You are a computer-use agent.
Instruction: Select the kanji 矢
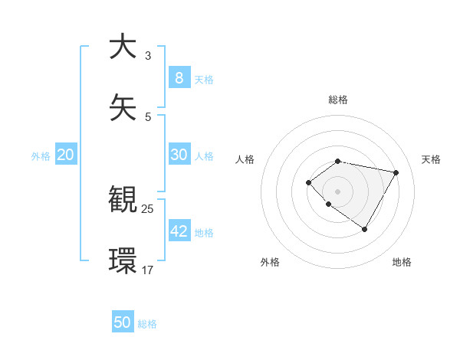(123, 106)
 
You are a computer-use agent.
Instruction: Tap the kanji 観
(123, 199)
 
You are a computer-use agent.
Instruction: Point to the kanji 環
(123, 260)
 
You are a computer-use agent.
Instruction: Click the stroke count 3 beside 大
(147, 55)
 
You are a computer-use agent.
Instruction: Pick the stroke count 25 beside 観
(148, 208)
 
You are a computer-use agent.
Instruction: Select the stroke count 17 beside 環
(148, 270)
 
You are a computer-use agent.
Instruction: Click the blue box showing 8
(179, 77)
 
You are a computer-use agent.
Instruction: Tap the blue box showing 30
(179, 154)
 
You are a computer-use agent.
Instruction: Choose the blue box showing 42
(179, 231)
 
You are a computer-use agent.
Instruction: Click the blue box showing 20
(65, 154)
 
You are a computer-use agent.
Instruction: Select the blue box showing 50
(123, 322)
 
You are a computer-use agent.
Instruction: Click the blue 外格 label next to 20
(41, 155)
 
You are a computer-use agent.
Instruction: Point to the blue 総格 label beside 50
(147, 324)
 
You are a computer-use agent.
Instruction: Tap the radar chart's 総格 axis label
(338, 100)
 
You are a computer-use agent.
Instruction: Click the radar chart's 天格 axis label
(431, 159)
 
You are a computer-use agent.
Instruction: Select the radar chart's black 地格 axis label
(402, 262)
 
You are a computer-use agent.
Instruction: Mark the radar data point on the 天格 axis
(396, 172)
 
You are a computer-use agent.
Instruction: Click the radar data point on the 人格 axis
(308, 182)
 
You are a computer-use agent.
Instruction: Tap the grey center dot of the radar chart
(338, 191)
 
